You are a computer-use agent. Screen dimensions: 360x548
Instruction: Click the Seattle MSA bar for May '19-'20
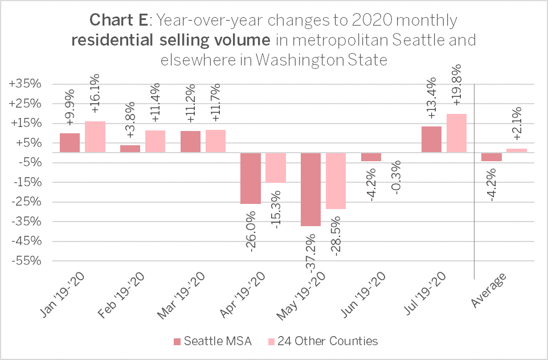pyautogui.click(x=310, y=189)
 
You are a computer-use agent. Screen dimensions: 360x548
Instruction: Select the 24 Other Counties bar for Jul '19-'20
pyautogui.click(x=456, y=133)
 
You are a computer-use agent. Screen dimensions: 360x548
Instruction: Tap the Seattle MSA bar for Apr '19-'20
pyautogui.click(x=250, y=178)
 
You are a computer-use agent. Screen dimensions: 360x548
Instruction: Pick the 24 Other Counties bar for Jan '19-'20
pyautogui.click(x=95, y=137)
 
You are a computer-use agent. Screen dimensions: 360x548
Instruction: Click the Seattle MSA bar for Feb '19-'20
pyautogui.click(x=130, y=149)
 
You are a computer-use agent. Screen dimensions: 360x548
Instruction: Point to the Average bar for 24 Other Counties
pyautogui.click(x=517, y=150)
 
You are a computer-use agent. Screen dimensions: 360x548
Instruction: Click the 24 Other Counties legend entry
pyautogui.click(x=321, y=341)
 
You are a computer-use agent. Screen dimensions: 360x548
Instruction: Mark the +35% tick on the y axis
pyautogui.click(x=26, y=84)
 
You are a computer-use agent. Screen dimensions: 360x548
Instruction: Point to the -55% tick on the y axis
pyautogui.click(x=26, y=261)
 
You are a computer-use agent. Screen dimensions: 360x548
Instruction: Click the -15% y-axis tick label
pyautogui.click(x=26, y=182)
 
